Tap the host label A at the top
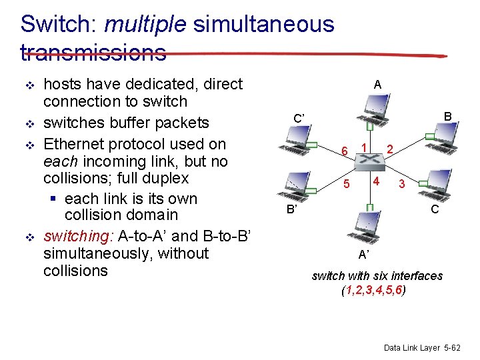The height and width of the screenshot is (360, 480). pyautogui.click(x=377, y=84)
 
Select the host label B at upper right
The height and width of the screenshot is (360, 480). pyautogui.click(x=448, y=117)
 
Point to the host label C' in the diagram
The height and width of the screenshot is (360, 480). pyautogui.click(x=299, y=119)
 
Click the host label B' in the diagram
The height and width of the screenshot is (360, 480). pyautogui.click(x=291, y=209)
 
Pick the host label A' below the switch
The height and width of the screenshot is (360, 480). pyautogui.click(x=364, y=254)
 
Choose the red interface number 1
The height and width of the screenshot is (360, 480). pyautogui.click(x=363, y=147)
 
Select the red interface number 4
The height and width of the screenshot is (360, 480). pyautogui.click(x=377, y=181)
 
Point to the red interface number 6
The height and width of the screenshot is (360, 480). pyautogui.click(x=344, y=151)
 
